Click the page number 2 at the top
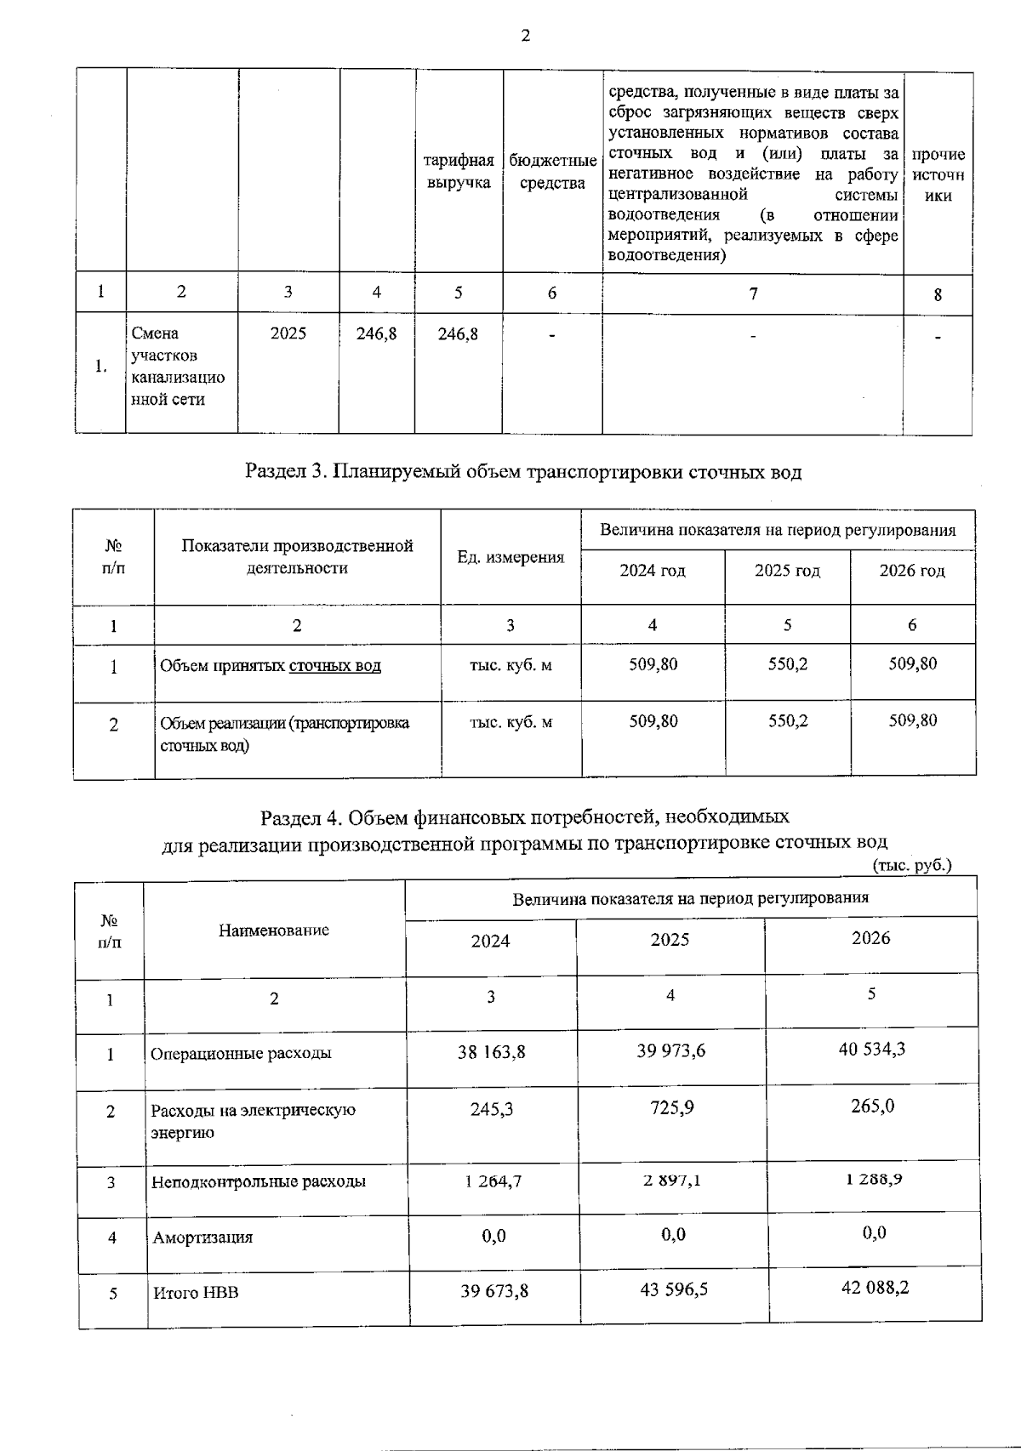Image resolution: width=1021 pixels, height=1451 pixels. (525, 36)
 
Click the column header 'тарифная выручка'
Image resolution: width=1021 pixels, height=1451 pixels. (459, 172)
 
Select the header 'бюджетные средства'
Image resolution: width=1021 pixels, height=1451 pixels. (552, 172)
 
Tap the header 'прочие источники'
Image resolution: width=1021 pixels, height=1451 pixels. (938, 175)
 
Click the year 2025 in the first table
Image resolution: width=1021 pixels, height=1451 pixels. (288, 334)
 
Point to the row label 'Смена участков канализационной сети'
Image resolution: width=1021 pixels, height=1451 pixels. (178, 367)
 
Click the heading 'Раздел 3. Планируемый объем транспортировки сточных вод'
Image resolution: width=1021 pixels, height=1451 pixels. (523, 472)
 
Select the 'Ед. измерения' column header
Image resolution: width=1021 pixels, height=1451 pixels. (510, 557)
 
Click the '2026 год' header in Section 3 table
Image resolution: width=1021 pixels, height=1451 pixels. (912, 571)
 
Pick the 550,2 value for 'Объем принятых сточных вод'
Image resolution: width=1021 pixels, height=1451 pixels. (788, 664)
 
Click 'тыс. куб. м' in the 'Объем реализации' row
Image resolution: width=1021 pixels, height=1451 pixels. (510, 722)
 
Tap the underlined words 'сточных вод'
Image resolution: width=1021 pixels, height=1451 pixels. (335, 666)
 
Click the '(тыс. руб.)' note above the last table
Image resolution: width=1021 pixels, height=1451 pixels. (912, 866)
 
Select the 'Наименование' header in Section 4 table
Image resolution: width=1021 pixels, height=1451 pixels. (274, 930)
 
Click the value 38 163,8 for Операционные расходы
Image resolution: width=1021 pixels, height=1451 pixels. (492, 1052)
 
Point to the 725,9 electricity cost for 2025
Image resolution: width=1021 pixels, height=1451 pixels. (671, 1109)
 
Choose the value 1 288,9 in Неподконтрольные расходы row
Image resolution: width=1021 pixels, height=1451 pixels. (873, 1179)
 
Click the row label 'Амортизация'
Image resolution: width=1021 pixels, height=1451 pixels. (202, 1238)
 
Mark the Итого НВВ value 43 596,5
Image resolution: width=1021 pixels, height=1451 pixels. (674, 1290)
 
